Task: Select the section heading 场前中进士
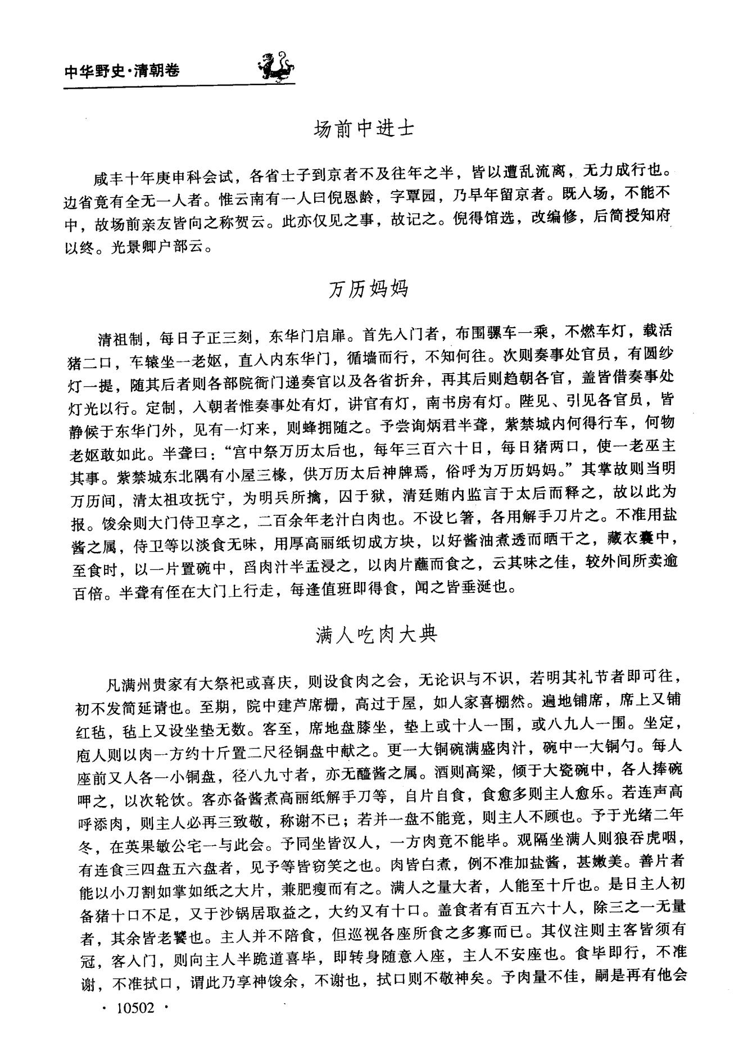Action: click(364, 129)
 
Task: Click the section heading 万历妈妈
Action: click(369, 289)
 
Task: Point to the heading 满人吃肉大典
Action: click(375, 635)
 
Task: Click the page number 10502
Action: click(134, 1008)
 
